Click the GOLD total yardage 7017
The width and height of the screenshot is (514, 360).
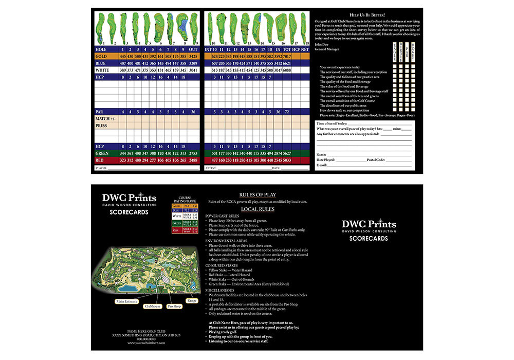tap(287, 56)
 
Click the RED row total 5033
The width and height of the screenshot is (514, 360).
tap(287, 160)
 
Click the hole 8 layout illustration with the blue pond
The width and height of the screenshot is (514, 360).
tap(181, 29)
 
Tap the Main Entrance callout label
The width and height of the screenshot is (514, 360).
tap(127, 301)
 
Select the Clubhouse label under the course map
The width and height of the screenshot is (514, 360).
tap(153, 306)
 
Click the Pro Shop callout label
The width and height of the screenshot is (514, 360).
tap(174, 306)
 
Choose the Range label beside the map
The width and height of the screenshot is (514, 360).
tap(191, 300)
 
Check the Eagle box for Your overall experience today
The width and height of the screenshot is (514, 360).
tap(395, 67)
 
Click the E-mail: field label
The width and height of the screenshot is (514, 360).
tap(322, 165)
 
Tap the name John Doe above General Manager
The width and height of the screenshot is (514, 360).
tap(322, 44)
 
